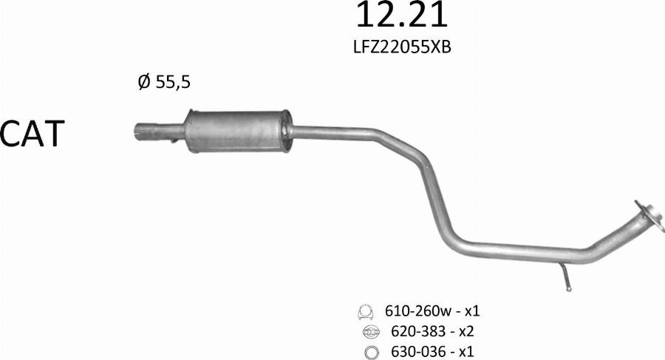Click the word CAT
(x=33, y=135)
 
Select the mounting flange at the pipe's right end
(x=647, y=212)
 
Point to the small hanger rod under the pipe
(x=565, y=276)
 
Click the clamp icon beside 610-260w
(x=366, y=311)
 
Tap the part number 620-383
(x=411, y=331)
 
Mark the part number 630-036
(x=411, y=351)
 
